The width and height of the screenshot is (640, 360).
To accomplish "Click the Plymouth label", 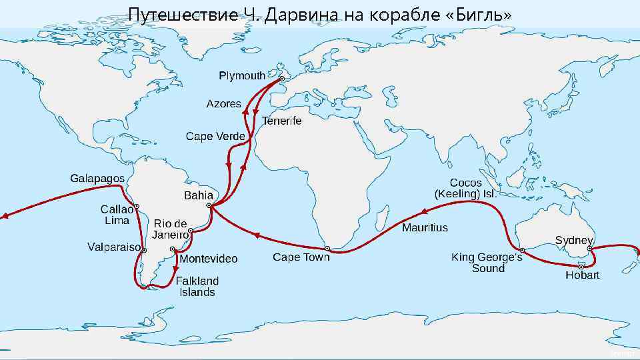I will click(242, 76).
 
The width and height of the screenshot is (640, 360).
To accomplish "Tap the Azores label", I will click(224, 105).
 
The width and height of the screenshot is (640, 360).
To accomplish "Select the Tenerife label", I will click(281, 121).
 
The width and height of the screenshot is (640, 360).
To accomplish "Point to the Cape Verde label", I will click(215, 137).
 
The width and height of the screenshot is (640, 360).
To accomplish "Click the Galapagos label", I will click(97, 179).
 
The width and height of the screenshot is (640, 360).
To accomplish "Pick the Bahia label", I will click(199, 195).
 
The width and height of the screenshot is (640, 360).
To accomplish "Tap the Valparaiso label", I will click(114, 247).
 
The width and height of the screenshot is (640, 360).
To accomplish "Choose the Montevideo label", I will click(209, 259).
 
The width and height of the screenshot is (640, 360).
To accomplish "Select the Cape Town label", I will click(301, 257).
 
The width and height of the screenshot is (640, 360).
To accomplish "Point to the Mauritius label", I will click(425, 228).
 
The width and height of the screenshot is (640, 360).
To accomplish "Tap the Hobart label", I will click(583, 275).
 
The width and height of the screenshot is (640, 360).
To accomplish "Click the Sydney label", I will click(574, 240).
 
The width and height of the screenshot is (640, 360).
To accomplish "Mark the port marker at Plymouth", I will click(281, 78).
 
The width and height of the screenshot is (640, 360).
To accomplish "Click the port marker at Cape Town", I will click(327, 247).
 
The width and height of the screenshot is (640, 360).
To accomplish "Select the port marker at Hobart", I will click(581, 266).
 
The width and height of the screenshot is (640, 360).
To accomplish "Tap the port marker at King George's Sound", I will click(522, 250).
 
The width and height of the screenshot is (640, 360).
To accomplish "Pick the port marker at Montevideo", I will click(173, 249).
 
